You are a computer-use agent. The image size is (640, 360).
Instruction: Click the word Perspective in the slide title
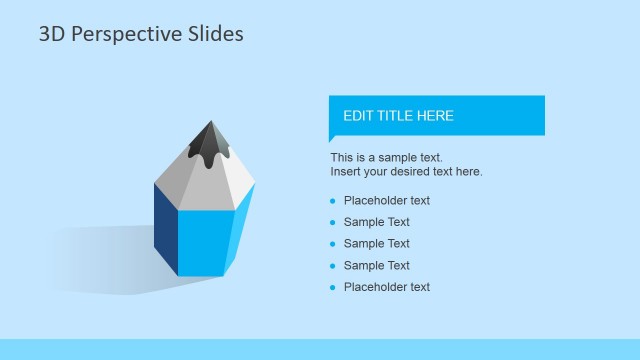130,35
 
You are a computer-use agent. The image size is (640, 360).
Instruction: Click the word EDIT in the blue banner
358,116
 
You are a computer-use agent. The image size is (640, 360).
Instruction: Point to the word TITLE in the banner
398,116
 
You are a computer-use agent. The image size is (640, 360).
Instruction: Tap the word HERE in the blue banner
437,116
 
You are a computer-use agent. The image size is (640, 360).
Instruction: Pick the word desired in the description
422,172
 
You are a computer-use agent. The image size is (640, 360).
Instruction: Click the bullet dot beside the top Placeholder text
333,201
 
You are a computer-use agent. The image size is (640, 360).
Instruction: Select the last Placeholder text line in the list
386,287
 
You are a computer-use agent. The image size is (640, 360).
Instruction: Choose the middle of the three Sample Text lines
376,244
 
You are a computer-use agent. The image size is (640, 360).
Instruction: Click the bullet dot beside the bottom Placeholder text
333,288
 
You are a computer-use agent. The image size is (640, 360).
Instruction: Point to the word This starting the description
342,158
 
